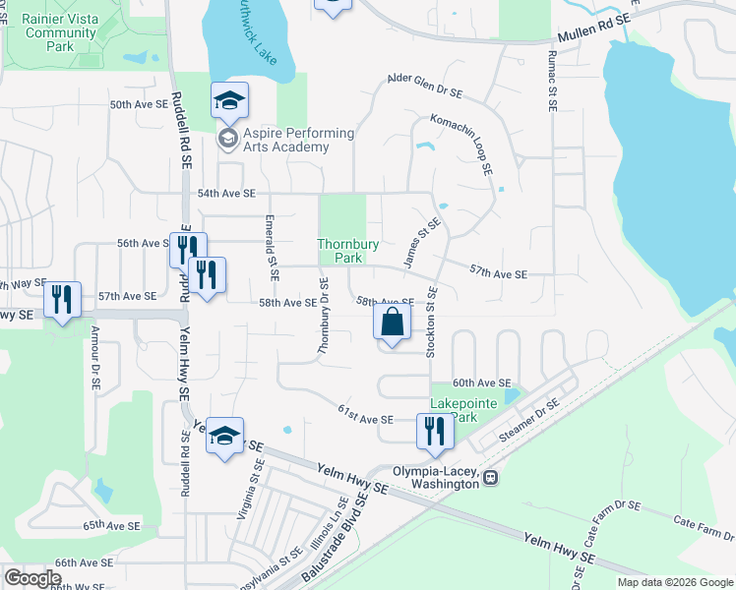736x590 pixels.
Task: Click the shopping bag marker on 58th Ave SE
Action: pyautogui.click(x=392, y=323)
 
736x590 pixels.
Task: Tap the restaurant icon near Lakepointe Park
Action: pyautogui.click(x=433, y=432)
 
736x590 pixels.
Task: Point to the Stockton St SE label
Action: pyautogui.click(x=431, y=329)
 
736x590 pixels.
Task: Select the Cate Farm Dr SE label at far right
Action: pyautogui.click(x=700, y=526)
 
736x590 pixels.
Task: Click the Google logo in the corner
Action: pyautogui.click(x=32, y=578)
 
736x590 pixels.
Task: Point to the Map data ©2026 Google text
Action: pyautogui.click(x=674, y=581)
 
